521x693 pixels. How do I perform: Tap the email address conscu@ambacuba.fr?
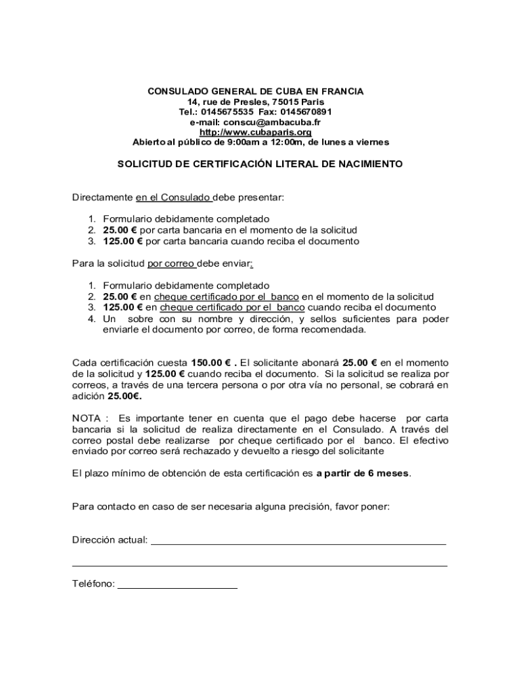(272, 122)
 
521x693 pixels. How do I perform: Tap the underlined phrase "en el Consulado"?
(174, 198)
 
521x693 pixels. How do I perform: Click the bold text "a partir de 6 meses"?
(363, 473)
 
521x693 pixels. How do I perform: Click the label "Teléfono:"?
(93, 584)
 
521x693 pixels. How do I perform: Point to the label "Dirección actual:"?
(110, 540)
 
